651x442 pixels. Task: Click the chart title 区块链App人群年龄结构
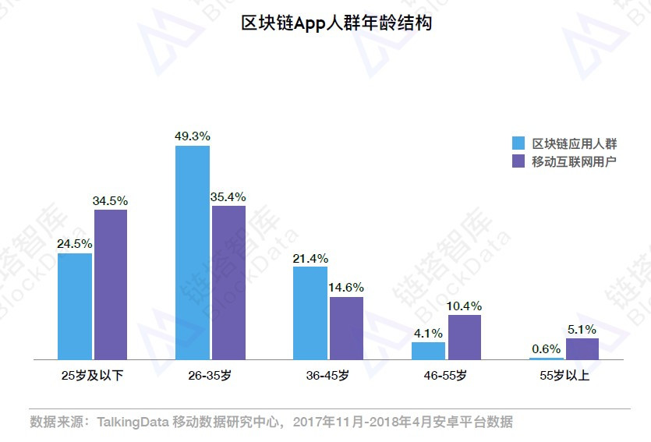point(337,23)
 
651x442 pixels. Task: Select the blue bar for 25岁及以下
point(75,306)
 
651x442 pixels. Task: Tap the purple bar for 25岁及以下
point(110,285)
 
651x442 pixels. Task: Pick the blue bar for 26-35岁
point(193,252)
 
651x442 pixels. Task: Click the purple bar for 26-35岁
point(228,282)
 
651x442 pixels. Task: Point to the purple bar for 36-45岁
point(346,327)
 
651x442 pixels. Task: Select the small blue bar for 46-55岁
point(428,351)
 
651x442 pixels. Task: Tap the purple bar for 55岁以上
point(582,348)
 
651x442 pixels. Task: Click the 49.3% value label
point(193,136)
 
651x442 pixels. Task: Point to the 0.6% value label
point(546,348)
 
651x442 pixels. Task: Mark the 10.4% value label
point(465,306)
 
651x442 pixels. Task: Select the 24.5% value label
point(75,243)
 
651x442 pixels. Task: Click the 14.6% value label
point(346,287)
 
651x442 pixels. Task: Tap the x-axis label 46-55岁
point(447,376)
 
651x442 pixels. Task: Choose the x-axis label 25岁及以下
point(93,376)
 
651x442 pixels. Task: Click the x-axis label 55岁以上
point(564,376)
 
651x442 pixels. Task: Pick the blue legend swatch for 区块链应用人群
point(518,143)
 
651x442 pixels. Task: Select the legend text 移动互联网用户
point(574,162)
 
